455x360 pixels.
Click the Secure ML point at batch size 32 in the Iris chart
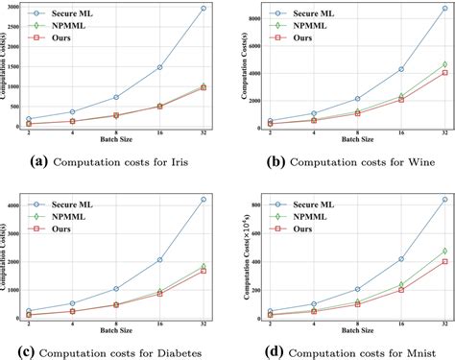203,9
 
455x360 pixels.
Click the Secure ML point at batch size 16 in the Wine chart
401,69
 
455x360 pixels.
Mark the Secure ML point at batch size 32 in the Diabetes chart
203,200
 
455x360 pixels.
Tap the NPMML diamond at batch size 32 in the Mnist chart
444,252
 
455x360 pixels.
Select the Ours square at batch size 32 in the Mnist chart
444,261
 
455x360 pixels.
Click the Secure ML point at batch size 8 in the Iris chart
115,97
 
